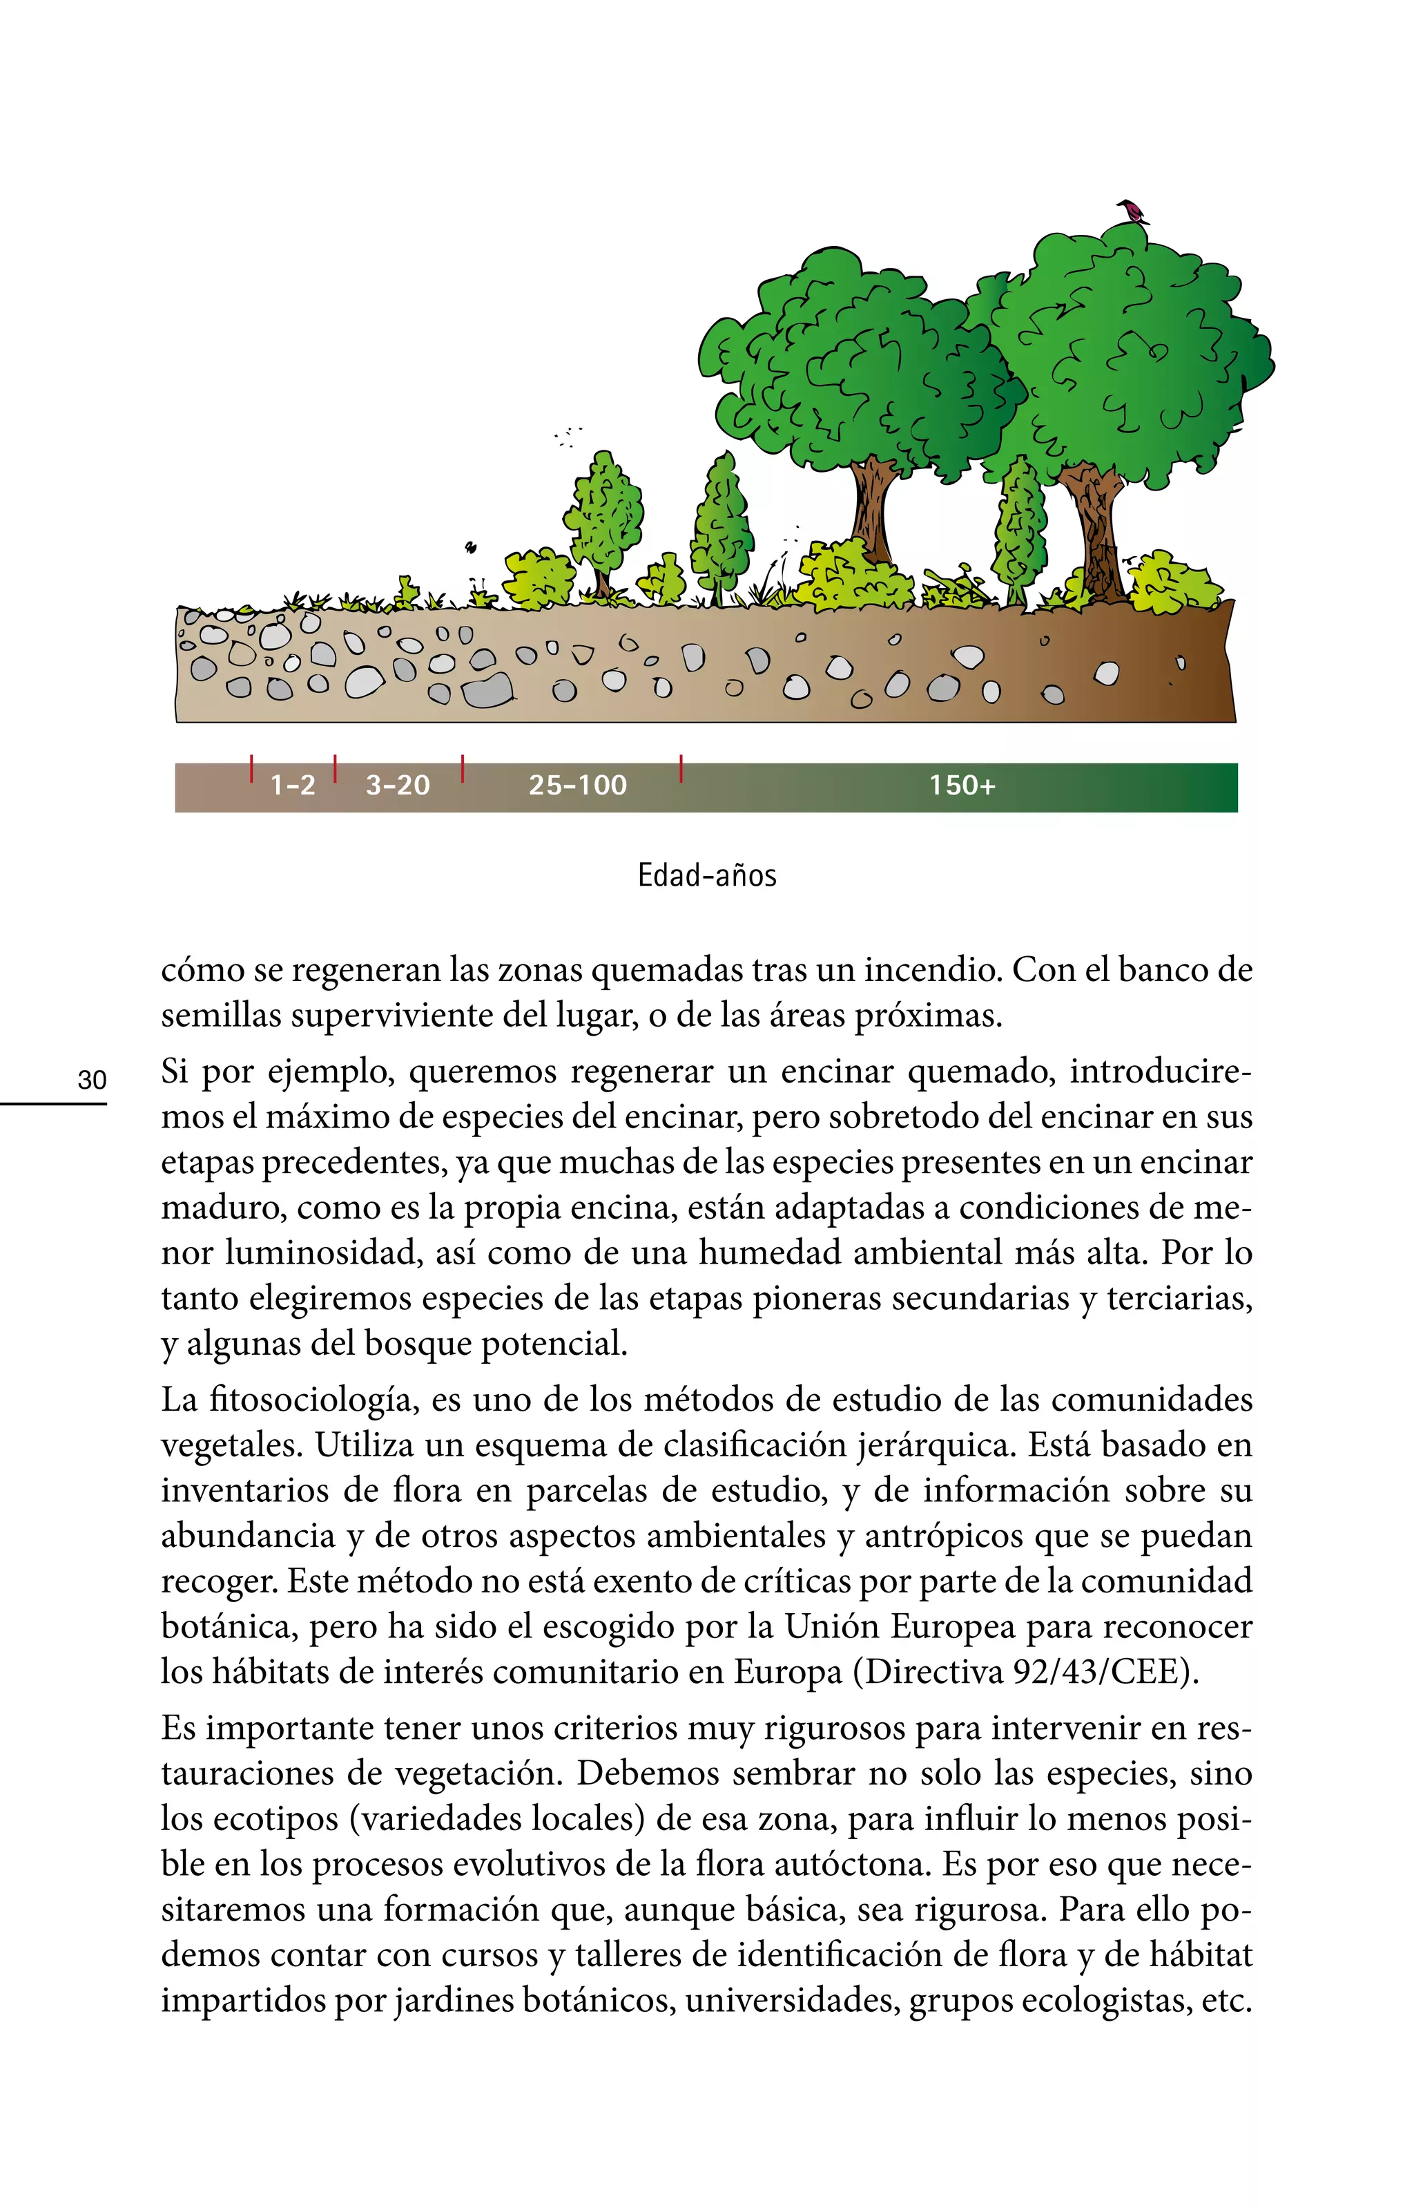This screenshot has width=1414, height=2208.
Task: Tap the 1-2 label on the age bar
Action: [293, 786]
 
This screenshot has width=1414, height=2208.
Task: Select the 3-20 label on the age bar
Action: [398, 786]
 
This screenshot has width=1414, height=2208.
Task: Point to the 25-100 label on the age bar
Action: [577, 786]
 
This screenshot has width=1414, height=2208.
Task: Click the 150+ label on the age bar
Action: [961, 786]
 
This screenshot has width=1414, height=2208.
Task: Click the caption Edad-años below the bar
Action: [707, 875]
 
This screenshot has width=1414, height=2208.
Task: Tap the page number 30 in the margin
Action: [92, 1079]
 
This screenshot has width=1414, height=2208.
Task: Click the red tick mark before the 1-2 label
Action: [251, 768]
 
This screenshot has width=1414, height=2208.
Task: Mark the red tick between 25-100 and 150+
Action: [680, 768]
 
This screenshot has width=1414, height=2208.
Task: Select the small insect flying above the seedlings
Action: [471, 549]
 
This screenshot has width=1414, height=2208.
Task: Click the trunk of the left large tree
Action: [871, 510]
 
